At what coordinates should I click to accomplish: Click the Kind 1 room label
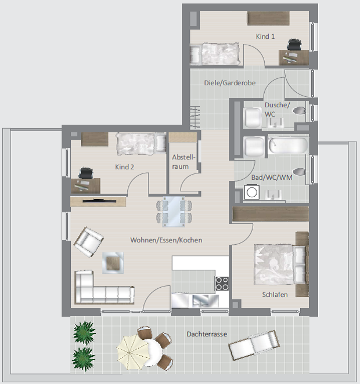click(265, 37)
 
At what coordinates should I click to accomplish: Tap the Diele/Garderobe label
click(230, 83)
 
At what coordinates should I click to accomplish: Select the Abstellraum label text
click(183, 162)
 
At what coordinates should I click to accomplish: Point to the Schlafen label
click(275, 294)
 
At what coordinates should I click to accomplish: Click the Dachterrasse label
click(207, 334)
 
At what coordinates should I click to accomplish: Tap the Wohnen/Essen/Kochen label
click(166, 240)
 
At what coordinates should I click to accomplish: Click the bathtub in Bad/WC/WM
click(288, 146)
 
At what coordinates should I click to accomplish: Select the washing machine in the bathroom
click(251, 192)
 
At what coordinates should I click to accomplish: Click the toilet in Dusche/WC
click(299, 111)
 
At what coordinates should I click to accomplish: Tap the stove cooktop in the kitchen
click(222, 283)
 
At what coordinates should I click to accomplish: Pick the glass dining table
click(174, 212)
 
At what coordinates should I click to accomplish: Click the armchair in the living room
click(88, 241)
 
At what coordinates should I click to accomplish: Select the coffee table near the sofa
click(113, 263)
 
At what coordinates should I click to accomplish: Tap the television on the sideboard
click(99, 201)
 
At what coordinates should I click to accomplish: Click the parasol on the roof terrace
click(134, 352)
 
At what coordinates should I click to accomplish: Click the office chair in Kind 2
click(86, 173)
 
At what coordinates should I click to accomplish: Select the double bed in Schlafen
click(282, 264)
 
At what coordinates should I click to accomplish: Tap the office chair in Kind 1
click(294, 44)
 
